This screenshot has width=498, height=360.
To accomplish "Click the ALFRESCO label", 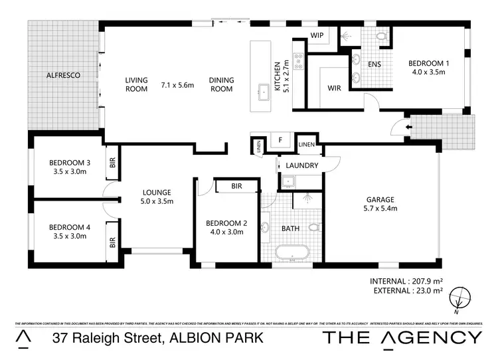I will point(63,76).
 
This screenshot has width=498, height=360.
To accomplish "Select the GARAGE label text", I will point(380,199).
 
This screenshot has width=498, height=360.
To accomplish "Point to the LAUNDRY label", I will point(302,165).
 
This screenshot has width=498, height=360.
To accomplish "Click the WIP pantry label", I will point(317,36).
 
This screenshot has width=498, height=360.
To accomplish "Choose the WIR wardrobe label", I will point(334,87).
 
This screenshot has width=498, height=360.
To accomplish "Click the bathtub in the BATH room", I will point(292,254).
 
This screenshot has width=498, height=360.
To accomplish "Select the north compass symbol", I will point(459,298).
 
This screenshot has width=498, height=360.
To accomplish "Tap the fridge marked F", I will point(280,140).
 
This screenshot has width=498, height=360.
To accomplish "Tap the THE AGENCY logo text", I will point(402,337).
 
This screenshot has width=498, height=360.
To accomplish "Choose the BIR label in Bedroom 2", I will point(236,187).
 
